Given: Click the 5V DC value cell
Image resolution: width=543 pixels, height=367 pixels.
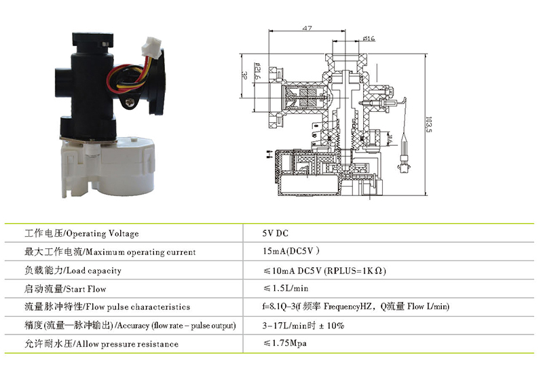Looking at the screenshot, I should pyautogui.click(x=276, y=233).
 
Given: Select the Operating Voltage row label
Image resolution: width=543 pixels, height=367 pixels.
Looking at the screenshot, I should pyautogui.click(x=81, y=233).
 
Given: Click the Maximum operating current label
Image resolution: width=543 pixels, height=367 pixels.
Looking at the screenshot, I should pyautogui.click(x=110, y=252).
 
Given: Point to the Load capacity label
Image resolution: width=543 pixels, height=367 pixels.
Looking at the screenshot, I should pyautogui.click(x=73, y=271).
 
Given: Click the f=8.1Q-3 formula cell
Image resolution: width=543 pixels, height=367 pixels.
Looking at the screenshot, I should pyautogui.click(x=356, y=307).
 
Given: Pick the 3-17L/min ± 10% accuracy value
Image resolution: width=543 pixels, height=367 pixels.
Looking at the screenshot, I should pyautogui.click(x=303, y=326).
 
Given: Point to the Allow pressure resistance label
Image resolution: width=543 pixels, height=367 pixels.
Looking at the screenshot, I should pyautogui.click(x=101, y=344).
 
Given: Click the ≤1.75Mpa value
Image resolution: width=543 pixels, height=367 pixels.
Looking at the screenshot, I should pyautogui.click(x=285, y=344).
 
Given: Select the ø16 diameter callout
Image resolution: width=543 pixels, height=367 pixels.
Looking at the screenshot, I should pyautogui.click(x=369, y=39).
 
